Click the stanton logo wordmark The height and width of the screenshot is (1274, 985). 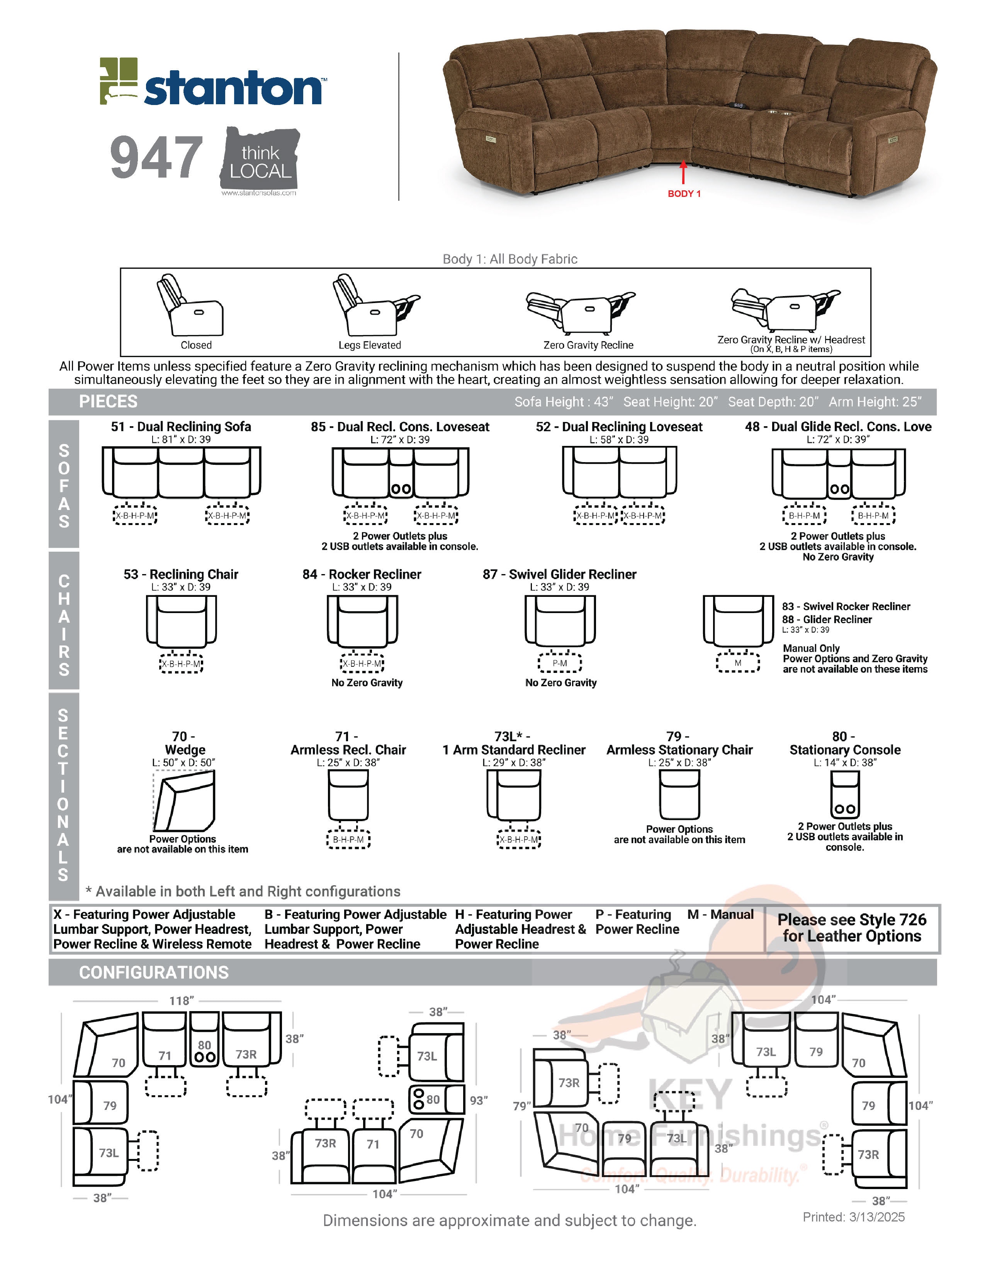click(232, 89)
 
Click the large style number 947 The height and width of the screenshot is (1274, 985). click(156, 158)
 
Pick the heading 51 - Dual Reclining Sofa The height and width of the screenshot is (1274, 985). click(181, 427)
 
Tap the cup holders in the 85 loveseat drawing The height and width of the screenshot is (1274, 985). click(401, 489)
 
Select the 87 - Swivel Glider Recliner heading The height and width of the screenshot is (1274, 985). click(559, 574)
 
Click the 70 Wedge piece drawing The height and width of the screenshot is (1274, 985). click(184, 800)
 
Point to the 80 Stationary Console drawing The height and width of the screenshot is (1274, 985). click(844, 795)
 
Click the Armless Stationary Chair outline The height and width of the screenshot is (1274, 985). click(679, 795)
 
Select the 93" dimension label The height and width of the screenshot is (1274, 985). click(479, 1100)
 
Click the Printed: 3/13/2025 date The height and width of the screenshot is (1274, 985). click(853, 1217)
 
